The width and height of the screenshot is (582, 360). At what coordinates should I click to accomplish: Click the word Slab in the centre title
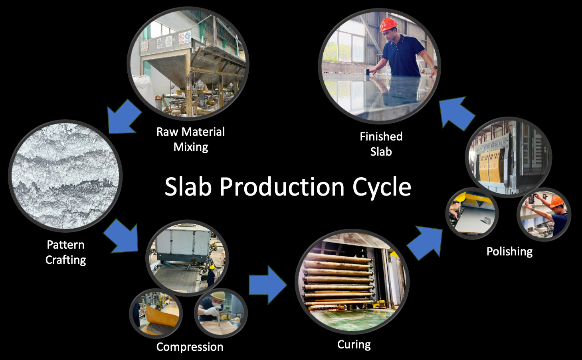(188, 186)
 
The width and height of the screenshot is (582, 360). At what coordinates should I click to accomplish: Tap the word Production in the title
(282, 186)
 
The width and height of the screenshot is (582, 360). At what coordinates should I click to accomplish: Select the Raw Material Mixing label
(190, 139)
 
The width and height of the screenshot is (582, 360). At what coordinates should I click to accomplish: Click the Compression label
(190, 347)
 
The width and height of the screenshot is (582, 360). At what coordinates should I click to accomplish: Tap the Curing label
(354, 345)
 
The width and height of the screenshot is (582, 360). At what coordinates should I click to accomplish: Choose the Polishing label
(509, 252)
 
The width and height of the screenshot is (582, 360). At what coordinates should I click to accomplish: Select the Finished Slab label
(381, 144)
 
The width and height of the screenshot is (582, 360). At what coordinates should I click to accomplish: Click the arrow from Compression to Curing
(268, 285)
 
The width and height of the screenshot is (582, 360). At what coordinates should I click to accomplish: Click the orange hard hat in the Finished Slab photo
(388, 24)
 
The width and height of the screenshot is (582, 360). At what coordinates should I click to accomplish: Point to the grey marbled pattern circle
(65, 176)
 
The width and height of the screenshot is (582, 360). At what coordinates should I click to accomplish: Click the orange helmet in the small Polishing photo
(557, 201)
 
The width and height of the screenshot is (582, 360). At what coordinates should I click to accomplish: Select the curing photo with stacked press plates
(352, 282)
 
